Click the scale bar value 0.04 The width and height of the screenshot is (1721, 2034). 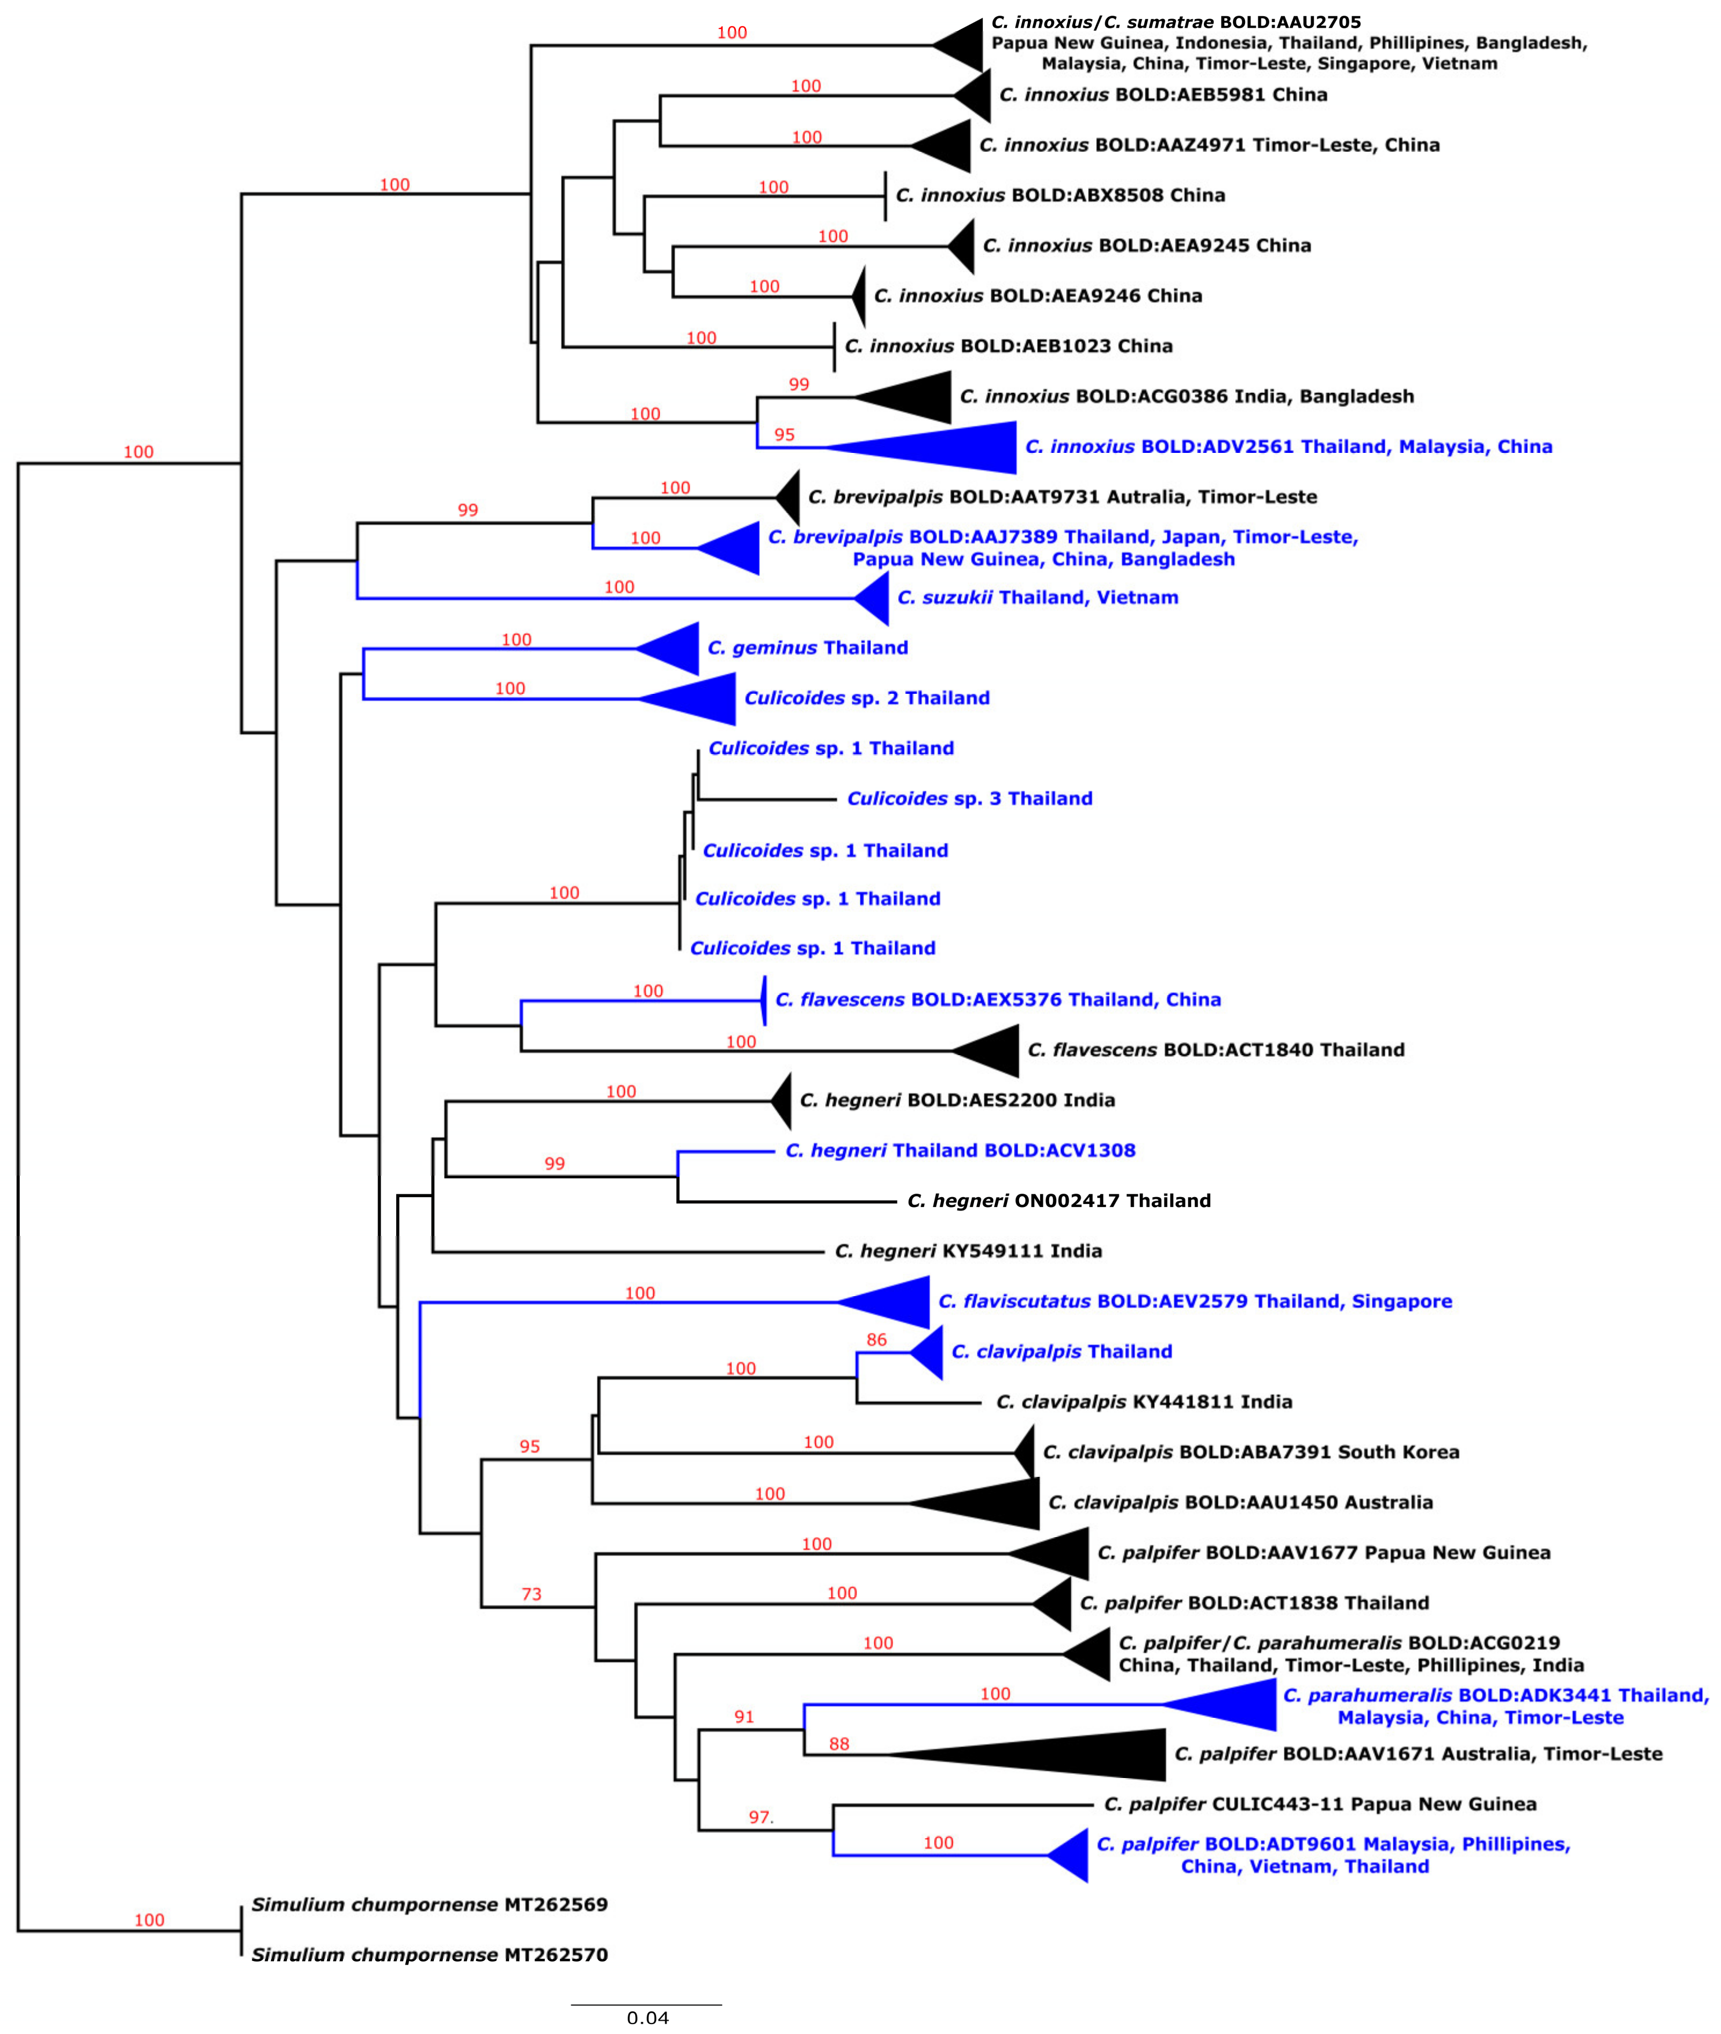[x=647, y=2017]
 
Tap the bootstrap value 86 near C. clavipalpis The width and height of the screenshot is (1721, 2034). [x=876, y=1340]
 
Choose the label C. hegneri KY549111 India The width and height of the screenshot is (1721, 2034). [x=968, y=1250]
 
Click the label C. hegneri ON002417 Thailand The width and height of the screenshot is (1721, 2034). [x=1059, y=1201]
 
